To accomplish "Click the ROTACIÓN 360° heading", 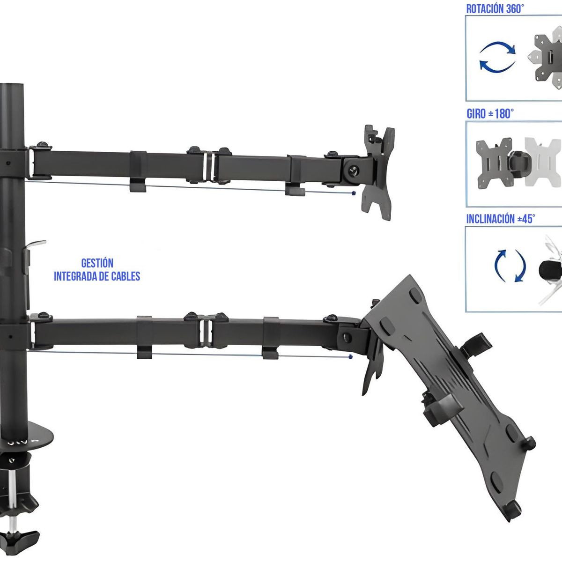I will click(495, 9).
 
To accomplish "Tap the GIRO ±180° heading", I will click(490, 114).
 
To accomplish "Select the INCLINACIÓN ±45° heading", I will click(501, 219).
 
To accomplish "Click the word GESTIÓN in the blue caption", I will click(97, 263).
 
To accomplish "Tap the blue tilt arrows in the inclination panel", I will click(510, 266).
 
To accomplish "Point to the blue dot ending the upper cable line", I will click(353, 192).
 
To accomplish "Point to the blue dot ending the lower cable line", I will click(350, 357).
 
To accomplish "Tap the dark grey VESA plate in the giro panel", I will click(493, 163).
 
